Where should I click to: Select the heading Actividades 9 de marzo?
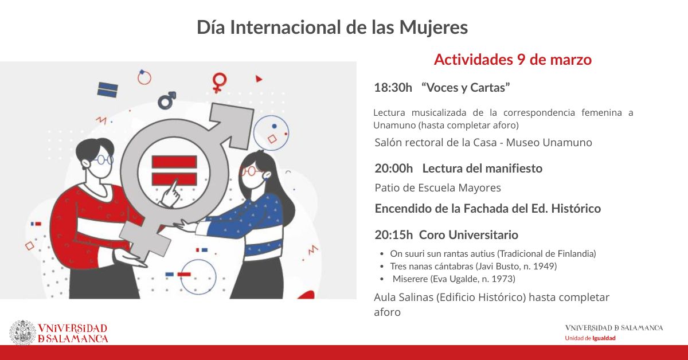512,60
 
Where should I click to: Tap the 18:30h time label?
393,88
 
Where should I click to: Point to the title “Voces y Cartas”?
466,88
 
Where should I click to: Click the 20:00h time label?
393,169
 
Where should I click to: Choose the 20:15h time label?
393,234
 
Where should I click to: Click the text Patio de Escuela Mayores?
437,188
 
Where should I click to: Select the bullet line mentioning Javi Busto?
473,266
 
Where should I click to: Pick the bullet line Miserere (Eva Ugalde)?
454,279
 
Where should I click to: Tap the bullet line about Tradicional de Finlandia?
493,253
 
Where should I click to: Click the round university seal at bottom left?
22,332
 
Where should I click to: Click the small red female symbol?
218,82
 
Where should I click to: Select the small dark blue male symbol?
167,101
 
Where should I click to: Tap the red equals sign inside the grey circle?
174,170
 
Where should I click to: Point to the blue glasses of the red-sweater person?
103,160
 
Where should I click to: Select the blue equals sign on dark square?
107,90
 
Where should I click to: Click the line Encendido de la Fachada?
487,209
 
